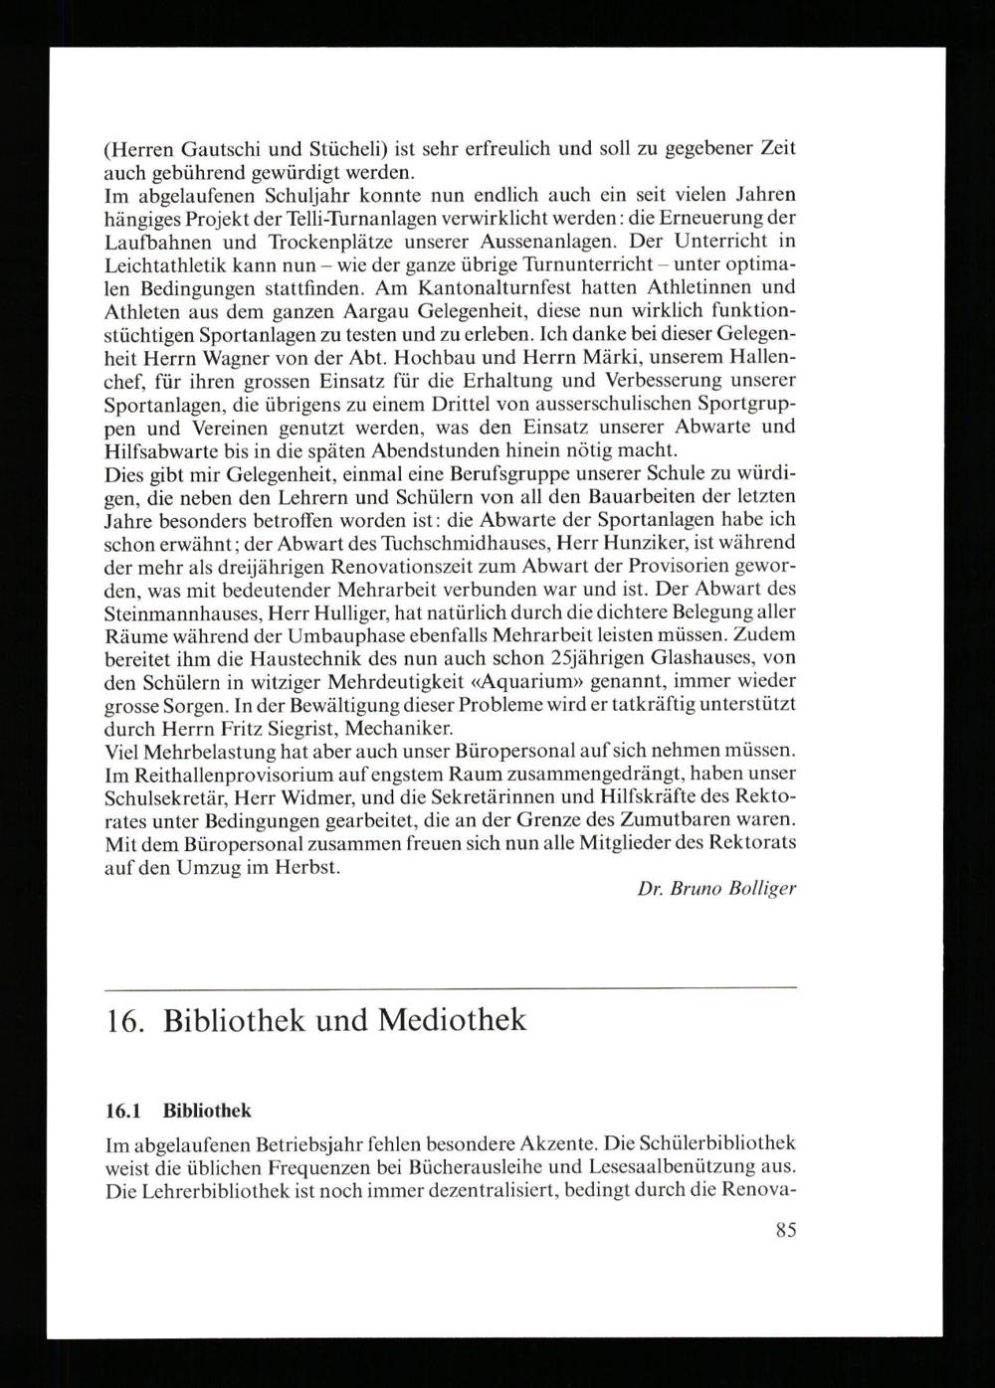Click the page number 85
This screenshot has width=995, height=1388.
coord(785,1230)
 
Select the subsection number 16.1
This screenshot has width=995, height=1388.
coord(123,1110)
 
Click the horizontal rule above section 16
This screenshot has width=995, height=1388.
coord(451,987)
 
